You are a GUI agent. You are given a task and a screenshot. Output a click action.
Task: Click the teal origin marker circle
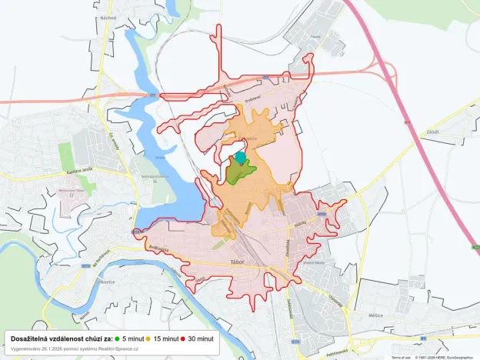coord(241,158)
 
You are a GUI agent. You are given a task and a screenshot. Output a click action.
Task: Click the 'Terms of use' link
coord(401,357)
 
